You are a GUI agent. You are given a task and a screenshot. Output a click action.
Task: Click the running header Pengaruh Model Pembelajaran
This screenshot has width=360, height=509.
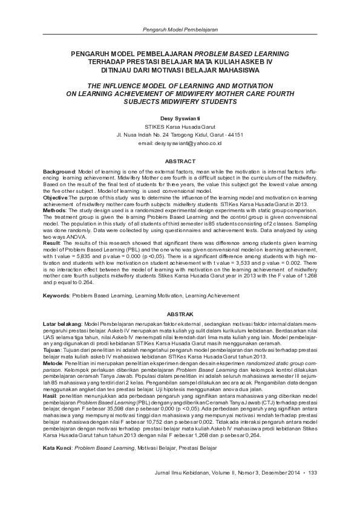180,29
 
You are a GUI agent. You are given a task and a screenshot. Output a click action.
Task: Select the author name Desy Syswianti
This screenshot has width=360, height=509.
180,118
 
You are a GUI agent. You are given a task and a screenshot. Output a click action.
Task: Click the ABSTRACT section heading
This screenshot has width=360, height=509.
180,161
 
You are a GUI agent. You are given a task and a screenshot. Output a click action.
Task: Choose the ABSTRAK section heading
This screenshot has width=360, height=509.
180,315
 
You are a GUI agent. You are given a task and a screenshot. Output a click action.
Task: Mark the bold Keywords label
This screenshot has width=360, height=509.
56,296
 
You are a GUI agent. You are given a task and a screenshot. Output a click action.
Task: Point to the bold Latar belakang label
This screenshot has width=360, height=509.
62,325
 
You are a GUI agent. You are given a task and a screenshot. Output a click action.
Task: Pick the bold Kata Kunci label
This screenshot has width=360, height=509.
56,432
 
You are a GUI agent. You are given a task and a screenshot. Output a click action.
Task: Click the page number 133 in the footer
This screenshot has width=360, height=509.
313,473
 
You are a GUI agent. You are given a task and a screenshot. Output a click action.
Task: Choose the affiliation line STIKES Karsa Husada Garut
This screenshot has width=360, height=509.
180,128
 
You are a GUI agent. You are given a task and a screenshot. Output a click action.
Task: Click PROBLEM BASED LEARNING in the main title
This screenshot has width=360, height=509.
241,54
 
